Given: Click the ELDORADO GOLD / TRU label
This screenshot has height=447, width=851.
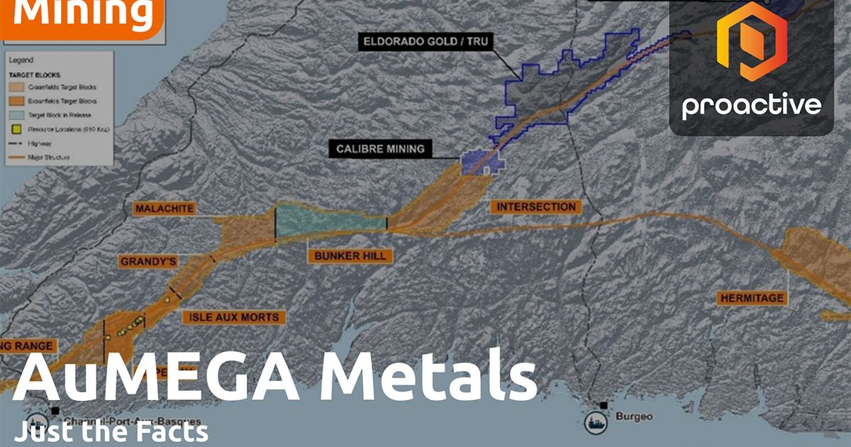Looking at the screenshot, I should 425,41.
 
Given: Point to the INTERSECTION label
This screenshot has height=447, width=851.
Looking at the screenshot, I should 535,207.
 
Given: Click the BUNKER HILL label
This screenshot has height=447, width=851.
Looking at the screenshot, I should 350,255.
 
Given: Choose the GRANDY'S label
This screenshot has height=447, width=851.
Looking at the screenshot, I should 148,262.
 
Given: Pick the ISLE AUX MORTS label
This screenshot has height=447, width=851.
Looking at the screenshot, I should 233,317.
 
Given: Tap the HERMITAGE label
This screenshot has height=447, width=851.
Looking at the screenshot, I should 752,298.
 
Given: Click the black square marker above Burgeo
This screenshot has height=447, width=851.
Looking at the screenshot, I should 603,405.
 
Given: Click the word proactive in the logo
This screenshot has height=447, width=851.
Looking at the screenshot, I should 752,106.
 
